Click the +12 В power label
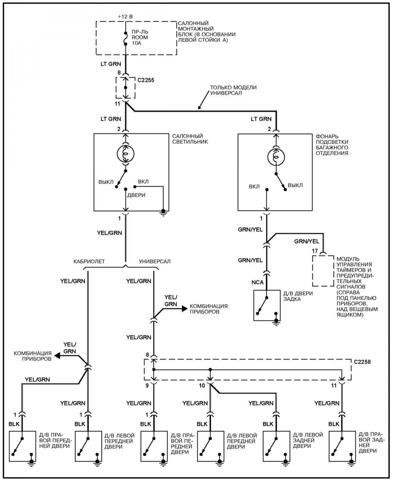point(125,17)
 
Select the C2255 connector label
point(146,80)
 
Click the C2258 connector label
point(362,362)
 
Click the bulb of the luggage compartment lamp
point(276,157)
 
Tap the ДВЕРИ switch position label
point(136,195)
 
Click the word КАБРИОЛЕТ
point(89,261)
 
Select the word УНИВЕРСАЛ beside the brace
point(155,261)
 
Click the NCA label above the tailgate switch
point(257,282)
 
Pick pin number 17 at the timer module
point(315,251)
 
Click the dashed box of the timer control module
point(323,271)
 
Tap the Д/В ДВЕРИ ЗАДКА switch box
point(267,305)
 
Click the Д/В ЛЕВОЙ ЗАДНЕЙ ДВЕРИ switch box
point(276,446)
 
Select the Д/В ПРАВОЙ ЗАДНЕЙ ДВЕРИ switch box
point(342,446)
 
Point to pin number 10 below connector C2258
point(202,386)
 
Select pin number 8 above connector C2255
point(119,73)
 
